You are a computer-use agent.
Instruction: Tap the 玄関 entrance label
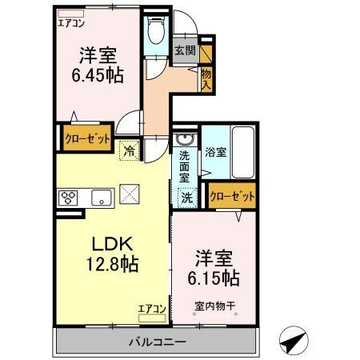tap(185, 50)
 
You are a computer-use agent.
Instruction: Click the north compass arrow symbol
tap(292, 341)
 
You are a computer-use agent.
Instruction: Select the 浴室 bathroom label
tap(214, 150)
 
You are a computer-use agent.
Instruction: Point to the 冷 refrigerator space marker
tap(128, 148)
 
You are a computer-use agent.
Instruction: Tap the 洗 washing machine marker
tap(186, 195)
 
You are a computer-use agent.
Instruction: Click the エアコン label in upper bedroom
tap(71, 22)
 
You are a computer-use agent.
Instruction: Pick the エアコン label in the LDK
tap(151, 308)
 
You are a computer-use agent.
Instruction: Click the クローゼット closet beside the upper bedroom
tap(87, 138)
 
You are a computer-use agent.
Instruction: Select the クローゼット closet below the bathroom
tap(232, 195)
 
